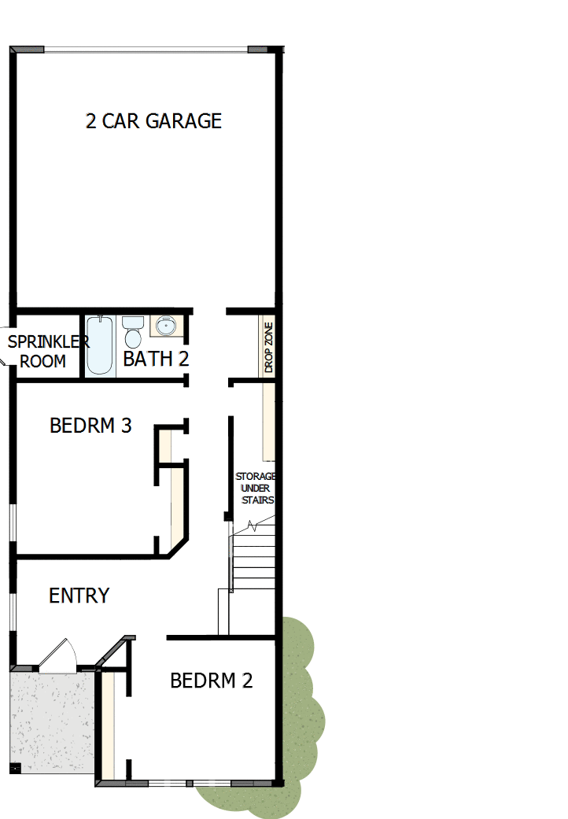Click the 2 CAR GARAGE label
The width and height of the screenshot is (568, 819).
[153, 120]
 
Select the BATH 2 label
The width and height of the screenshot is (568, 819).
[156, 359]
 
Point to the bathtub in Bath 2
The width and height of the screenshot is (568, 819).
[100, 345]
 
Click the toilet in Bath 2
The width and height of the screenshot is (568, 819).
[132, 331]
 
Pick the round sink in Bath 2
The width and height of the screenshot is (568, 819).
[165, 325]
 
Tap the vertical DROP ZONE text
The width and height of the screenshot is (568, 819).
[268, 347]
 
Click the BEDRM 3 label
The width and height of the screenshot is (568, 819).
[90, 426]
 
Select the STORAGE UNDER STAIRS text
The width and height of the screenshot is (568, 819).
[256, 488]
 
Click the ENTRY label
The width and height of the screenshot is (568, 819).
[79, 596]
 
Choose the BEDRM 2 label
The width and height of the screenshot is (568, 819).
[212, 681]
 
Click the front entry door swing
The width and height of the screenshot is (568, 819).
[58, 656]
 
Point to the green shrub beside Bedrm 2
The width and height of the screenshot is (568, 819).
[303, 708]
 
